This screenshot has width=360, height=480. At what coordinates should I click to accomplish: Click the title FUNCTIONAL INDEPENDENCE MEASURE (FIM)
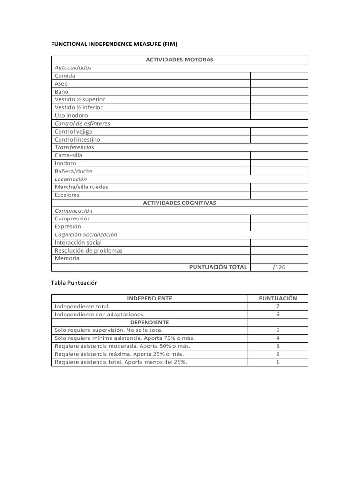click(x=114, y=44)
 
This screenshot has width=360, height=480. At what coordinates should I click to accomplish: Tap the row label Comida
click(x=65, y=75)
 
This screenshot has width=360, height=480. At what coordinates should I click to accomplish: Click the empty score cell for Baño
click(x=279, y=91)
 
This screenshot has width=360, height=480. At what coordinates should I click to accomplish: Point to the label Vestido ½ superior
click(x=80, y=99)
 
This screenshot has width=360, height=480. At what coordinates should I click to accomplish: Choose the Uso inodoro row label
click(x=71, y=115)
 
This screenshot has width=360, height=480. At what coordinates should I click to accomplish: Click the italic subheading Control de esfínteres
click(x=82, y=123)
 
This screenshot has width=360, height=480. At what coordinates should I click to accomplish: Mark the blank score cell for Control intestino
click(x=279, y=139)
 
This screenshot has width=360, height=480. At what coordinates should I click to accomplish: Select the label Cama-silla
click(x=68, y=155)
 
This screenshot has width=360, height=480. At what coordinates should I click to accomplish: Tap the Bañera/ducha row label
click(x=74, y=171)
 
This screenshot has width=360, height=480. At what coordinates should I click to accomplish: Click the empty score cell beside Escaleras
click(x=279, y=195)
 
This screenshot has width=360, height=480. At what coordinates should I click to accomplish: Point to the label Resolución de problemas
click(x=89, y=250)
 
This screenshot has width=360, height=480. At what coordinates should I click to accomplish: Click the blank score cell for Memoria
click(x=279, y=258)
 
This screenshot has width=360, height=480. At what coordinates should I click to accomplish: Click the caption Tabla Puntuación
click(x=74, y=283)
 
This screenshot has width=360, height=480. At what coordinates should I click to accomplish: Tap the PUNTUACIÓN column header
click(x=278, y=298)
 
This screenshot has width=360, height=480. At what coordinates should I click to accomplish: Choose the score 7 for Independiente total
click(x=278, y=306)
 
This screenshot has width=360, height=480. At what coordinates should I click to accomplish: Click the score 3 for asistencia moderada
click(x=278, y=346)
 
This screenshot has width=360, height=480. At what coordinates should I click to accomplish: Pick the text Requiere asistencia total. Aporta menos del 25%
click(x=121, y=362)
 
